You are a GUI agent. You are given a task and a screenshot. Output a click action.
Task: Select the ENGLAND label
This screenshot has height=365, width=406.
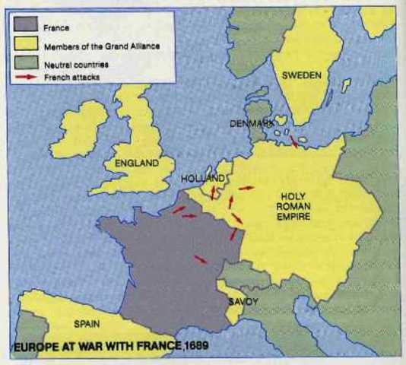click(x=136, y=163)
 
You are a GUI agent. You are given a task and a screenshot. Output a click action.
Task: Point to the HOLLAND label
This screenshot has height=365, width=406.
click(x=203, y=178)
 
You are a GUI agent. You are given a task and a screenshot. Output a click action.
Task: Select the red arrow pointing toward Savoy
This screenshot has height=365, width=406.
click(x=201, y=260)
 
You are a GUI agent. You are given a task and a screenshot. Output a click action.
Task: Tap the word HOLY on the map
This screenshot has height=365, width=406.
click(x=293, y=195)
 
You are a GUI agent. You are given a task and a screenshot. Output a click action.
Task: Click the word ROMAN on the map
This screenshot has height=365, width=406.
click(x=294, y=205)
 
